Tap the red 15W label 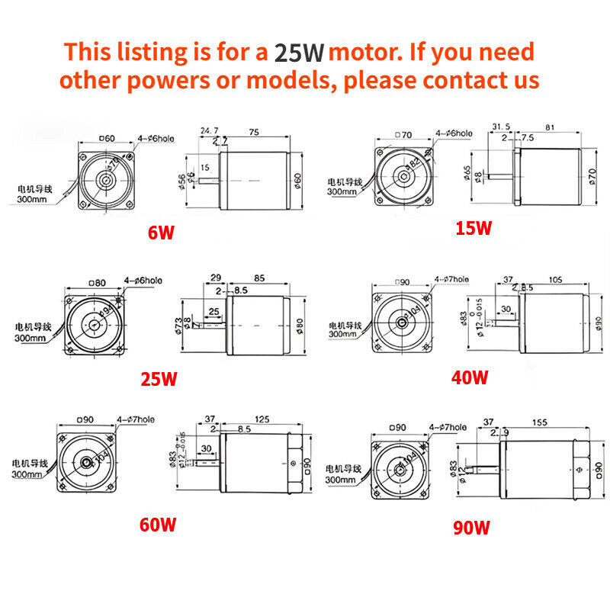point(474,228)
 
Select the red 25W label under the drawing point(159,379)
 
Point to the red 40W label point(469,377)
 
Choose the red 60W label point(158,525)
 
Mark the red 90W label point(470,527)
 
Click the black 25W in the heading point(300,53)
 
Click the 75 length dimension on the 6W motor point(254,131)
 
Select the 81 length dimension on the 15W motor point(551,128)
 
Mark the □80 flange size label point(98,283)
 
